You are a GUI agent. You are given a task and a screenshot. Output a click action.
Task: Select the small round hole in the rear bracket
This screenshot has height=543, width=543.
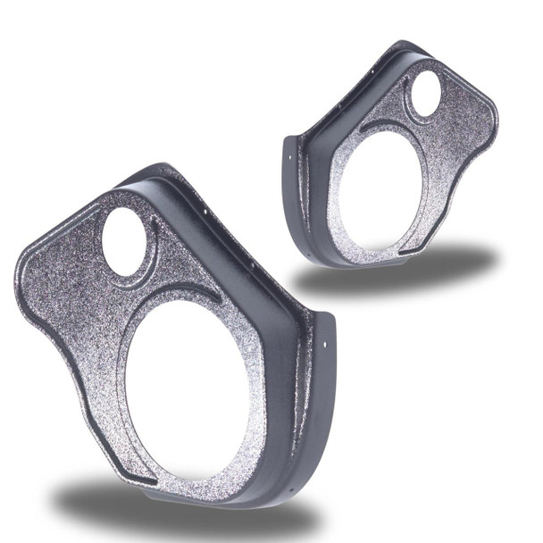pos(426,94)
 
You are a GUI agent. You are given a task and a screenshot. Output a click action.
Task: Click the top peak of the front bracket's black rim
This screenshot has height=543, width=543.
pos(152,170)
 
